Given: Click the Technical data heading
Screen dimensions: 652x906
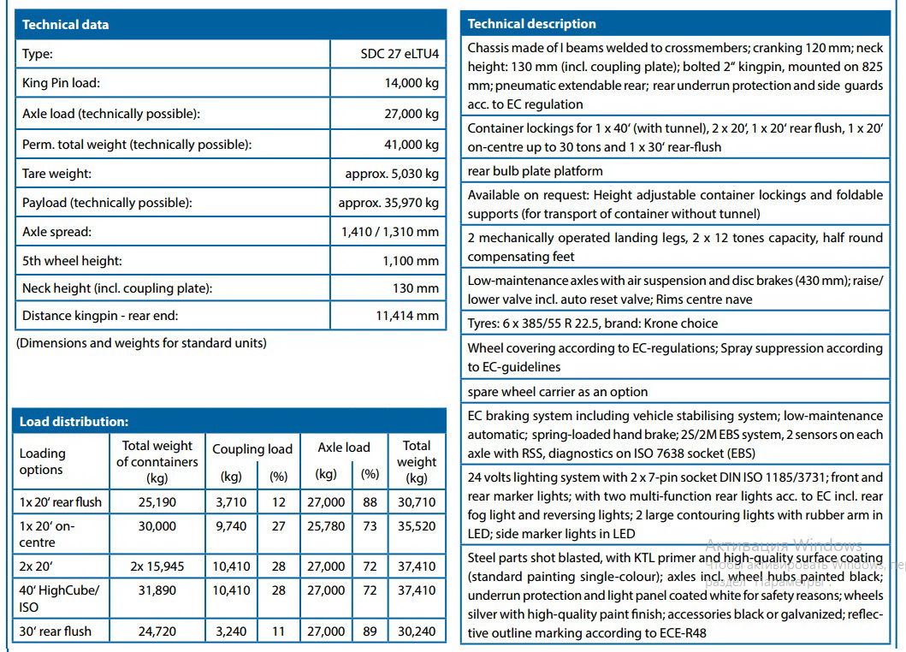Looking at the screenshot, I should click(66, 25).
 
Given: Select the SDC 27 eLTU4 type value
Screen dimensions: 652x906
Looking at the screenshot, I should click(400, 55).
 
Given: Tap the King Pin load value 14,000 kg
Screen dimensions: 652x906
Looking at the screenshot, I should click(412, 84).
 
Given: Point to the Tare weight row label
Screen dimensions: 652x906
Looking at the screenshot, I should click(56, 174).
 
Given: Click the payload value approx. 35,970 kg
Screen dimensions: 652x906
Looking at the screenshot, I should click(388, 203).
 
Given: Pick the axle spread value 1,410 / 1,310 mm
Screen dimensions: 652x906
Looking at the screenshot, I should click(389, 232).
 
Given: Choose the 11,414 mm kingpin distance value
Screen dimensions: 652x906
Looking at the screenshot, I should click(407, 316).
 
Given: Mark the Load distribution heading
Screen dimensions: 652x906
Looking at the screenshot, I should click(74, 422).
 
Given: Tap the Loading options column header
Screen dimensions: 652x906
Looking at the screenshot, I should click(43, 461).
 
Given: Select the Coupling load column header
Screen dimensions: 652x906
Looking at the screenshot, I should click(252, 449).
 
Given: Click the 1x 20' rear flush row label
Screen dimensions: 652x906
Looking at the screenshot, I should click(60, 502).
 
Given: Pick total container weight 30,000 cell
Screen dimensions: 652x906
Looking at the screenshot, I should click(157, 527).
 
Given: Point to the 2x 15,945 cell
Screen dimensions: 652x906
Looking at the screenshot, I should click(157, 566).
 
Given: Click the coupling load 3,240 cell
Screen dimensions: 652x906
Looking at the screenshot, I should click(231, 631).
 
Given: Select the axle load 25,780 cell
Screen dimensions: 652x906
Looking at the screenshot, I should click(326, 527).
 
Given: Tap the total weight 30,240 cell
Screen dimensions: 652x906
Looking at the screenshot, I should click(417, 631).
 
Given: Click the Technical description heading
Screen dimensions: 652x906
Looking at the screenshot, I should click(532, 24).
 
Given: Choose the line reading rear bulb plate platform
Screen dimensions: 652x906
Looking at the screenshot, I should click(535, 171).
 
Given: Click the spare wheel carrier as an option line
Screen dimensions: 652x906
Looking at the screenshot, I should click(558, 392).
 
